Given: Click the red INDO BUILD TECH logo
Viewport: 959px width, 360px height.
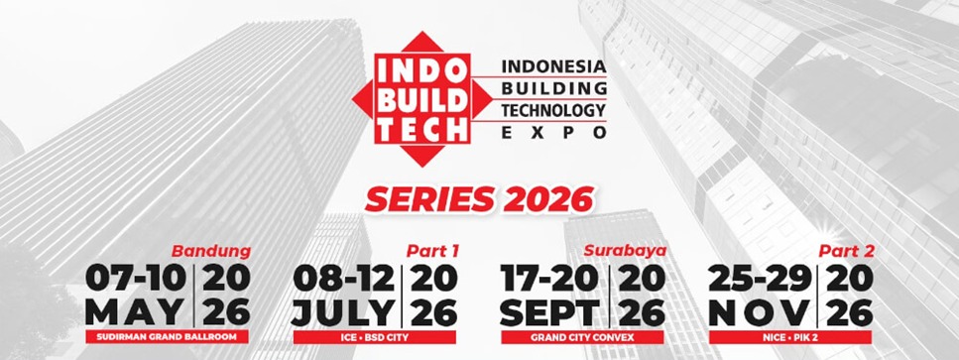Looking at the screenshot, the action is [422, 99].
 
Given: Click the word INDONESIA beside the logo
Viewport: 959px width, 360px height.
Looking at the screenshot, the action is [553, 66].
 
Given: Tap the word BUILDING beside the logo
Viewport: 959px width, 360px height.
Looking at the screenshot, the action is [553, 87].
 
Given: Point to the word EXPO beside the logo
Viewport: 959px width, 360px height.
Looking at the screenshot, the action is [553, 132].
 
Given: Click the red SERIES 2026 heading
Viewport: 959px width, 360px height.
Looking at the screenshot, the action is [479, 199].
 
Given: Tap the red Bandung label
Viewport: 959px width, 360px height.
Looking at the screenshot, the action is [211, 251].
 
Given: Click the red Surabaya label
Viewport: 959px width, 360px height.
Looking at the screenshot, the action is [625, 251].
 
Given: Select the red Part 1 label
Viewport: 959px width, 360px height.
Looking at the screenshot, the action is [432, 251].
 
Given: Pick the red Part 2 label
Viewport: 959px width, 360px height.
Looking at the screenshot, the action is [847, 251].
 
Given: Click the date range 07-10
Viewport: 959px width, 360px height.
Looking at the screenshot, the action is [136, 279].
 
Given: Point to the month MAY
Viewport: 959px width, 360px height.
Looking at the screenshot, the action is [135, 312].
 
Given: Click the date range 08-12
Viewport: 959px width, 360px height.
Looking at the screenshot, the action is [344, 279].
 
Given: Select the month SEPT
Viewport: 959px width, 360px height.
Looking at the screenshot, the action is [550, 312].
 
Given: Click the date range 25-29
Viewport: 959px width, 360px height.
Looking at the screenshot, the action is [759, 279].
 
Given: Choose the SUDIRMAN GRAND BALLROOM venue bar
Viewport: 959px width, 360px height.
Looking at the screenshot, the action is [167, 337].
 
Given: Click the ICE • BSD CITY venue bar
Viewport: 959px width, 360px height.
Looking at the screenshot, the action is [375, 337].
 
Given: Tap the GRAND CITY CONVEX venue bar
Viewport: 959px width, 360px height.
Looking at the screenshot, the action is [582, 337].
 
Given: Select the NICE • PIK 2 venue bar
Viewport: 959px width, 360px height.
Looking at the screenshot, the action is [790, 337].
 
